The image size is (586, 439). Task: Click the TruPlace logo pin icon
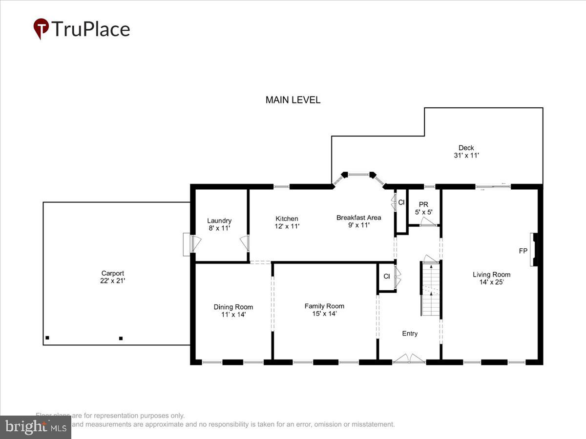click(x=41, y=28)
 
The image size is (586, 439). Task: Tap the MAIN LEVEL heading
click(x=293, y=100)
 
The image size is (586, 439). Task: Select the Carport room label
click(x=113, y=277)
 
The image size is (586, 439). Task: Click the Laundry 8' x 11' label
click(x=219, y=224)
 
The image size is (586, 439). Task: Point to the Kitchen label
click(x=287, y=222)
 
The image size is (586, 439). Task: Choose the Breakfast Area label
click(x=358, y=221)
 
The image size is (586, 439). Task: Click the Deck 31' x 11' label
click(x=466, y=152)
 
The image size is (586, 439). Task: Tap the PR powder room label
click(x=423, y=208)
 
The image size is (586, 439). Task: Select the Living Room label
click(x=491, y=278)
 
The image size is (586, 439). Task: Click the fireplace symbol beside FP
click(x=535, y=250)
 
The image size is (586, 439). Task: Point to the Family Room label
click(x=324, y=310)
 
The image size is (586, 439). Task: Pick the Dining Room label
click(x=233, y=311)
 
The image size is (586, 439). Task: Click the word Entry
click(x=410, y=334)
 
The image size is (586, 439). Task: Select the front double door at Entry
click(x=409, y=359)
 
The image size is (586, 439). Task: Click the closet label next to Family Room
click(x=386, y=277)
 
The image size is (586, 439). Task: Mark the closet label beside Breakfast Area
click(x=401, y=202)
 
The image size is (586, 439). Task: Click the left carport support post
click(x=47, y=338)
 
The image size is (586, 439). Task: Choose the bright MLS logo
click(x=35, y=427)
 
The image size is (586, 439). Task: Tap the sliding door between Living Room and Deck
click(x=493, y=186)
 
